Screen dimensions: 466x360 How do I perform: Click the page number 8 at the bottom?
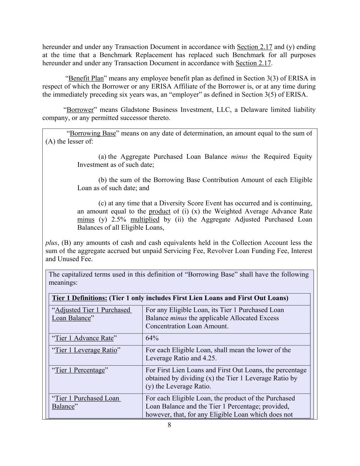pos(169,425)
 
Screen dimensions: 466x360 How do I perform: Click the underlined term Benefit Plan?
pos(86,79)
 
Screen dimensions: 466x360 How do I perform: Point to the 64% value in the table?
pos(152,338)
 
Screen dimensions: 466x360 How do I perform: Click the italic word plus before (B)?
pos(51,243)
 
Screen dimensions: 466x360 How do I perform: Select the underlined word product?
pos(159,211)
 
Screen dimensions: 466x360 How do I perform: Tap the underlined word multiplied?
pos(145,220)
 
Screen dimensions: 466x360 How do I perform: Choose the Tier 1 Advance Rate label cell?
pos(84,338)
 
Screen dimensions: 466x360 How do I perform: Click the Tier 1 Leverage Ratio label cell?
pos(86,350)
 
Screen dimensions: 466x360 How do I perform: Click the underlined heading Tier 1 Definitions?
pos(80,298)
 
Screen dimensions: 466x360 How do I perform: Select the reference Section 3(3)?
pos(260,79)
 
